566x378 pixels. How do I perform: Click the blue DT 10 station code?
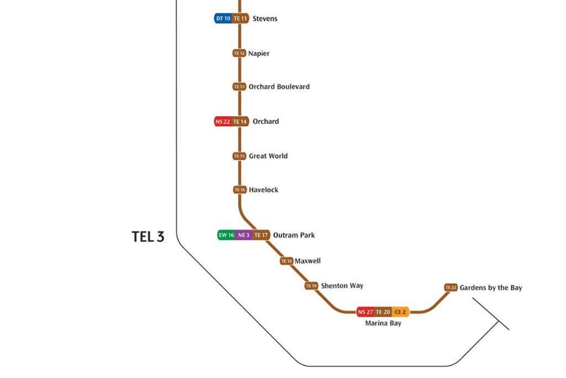tap(223, 18)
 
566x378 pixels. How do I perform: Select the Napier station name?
tap(259, 53)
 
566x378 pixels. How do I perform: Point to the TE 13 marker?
tap(239, 86)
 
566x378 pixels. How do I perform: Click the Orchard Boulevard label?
tap(279, 86)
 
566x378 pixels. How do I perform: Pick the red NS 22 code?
tap(223, 121)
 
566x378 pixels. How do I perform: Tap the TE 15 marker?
tap(239, 156)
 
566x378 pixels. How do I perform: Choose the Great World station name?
tap(268, 156)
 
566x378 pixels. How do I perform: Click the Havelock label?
tap(264, 190)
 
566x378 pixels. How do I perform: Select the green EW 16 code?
tap(227, 235)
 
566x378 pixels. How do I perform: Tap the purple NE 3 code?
tap(244, 235)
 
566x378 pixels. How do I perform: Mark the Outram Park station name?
tap(294, 235)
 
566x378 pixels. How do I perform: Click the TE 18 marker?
tap(286, 261)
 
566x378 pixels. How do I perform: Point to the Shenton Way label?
tap(342, 286)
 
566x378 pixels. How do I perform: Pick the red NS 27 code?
tap(365, 312)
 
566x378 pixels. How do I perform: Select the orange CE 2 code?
tap(400, 312)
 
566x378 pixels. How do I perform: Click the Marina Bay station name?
tap(383, 323)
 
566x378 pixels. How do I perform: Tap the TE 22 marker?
tap(451, 287)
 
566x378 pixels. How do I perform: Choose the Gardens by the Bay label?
tap(491, 288)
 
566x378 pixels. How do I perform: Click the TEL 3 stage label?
tap(148, 237)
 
